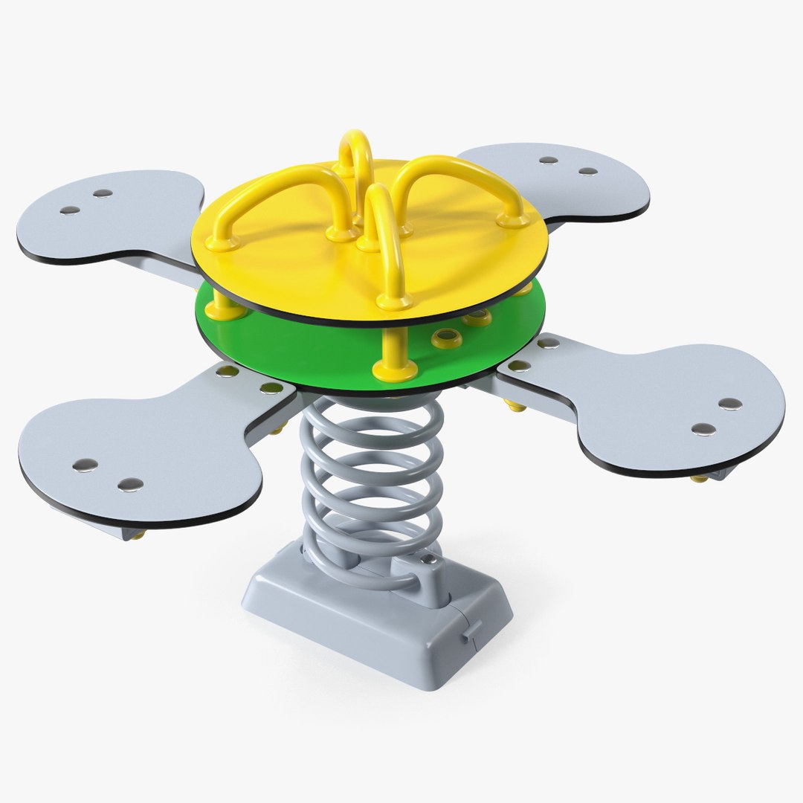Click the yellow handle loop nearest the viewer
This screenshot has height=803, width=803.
click(387, 245)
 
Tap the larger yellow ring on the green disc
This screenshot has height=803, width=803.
click(448, 339)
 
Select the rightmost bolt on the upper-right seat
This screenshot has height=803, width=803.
click(588, 171)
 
